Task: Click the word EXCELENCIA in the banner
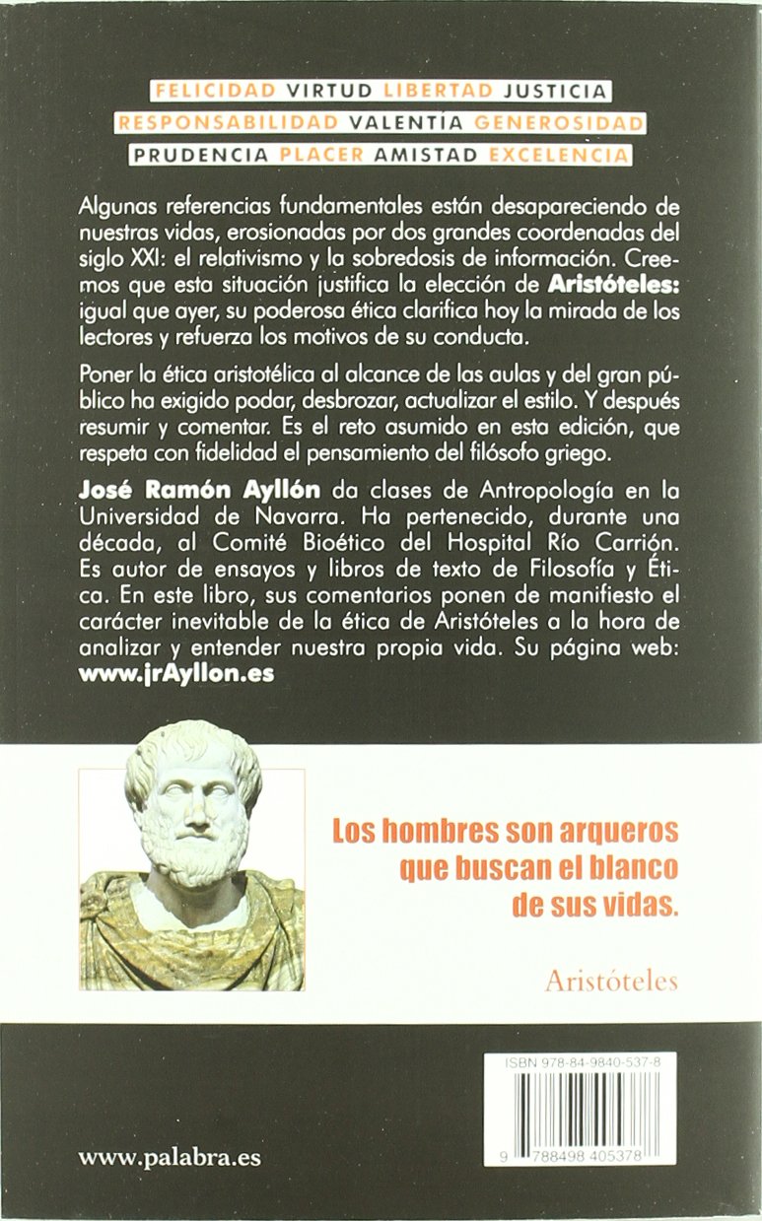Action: coord(559,155)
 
